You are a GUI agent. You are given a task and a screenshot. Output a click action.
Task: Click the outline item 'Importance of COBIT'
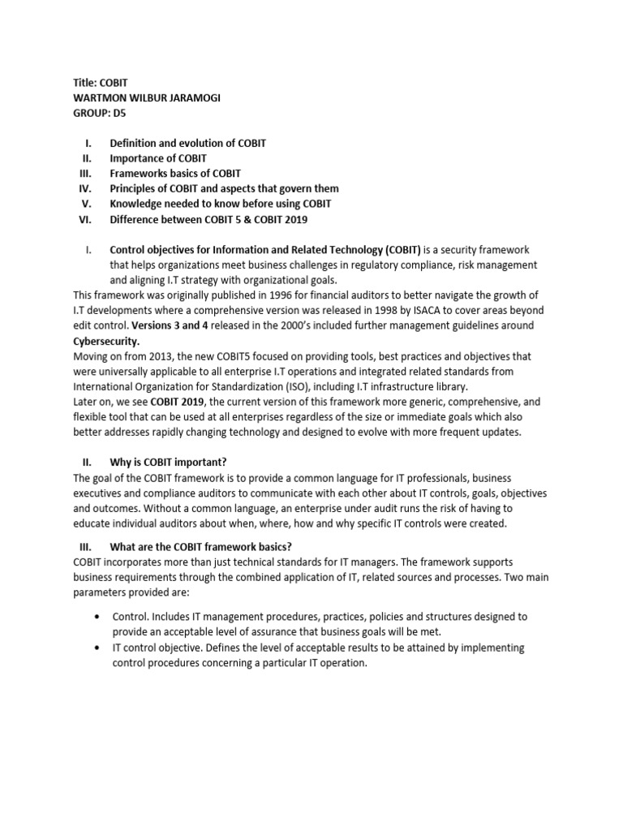158,158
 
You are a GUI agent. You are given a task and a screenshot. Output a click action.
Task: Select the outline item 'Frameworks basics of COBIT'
175,174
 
